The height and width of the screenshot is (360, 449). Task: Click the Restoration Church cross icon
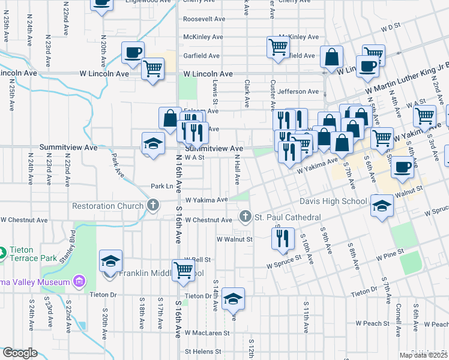[x=153, y=206]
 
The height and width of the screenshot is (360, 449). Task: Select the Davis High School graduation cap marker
[x=381, y=206]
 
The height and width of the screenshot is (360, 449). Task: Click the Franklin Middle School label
[x=161, y=273]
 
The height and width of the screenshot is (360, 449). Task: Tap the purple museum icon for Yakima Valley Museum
[x=78, y=280]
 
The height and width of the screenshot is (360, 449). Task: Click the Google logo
[x=20, y=353]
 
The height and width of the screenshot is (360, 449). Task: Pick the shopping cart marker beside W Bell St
[x=183, y=269]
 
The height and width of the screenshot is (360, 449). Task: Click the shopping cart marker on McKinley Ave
[x=278, y=47]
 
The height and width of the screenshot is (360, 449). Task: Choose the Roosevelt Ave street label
[x=204, y=19]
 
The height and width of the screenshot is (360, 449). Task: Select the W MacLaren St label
[x=207, y=332]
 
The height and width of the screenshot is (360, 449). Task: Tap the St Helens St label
[x=203, y=352]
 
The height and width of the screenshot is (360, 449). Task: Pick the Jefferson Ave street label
[x=298, y=92]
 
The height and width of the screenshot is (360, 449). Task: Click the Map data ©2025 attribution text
[x=423, y=355]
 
